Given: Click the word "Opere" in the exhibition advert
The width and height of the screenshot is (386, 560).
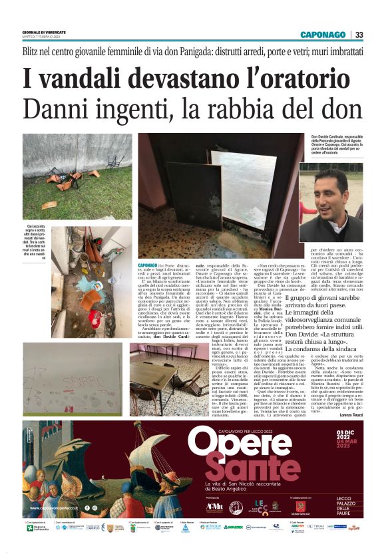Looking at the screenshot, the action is click(x=230, y=440).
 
